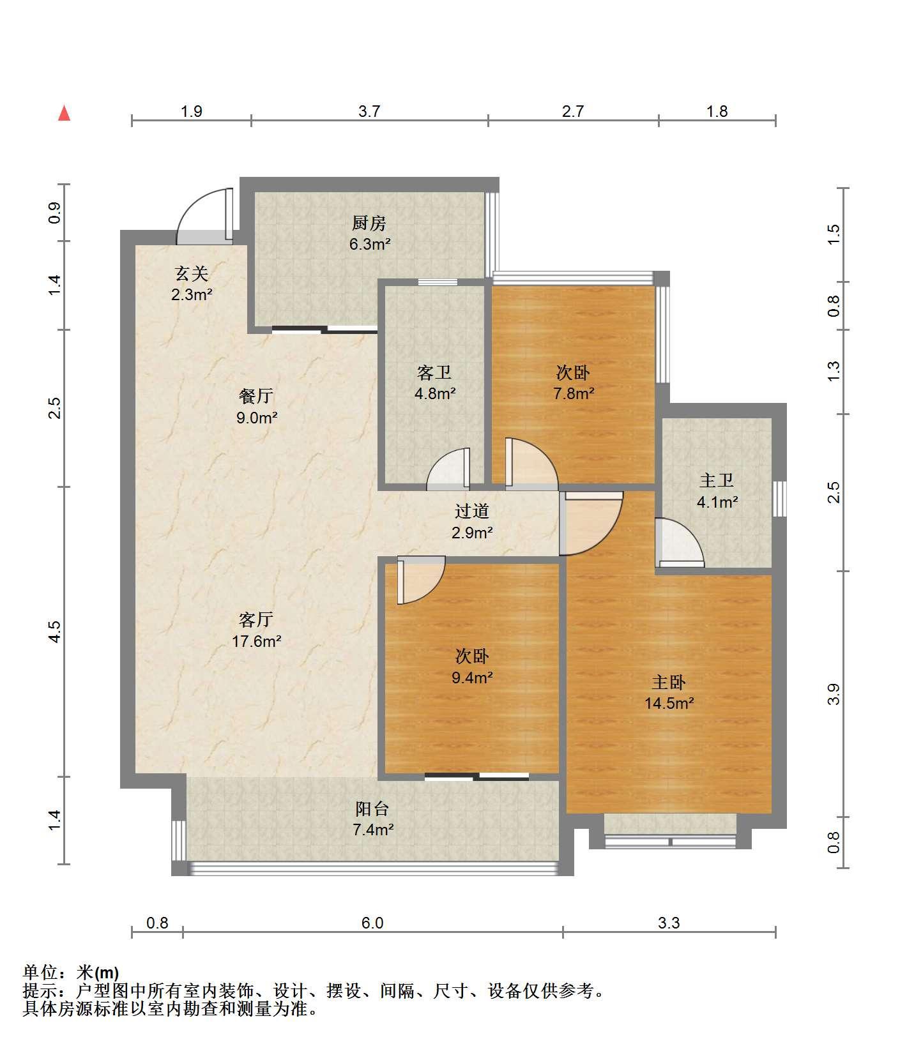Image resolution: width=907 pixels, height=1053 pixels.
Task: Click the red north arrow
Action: tap(64, 113)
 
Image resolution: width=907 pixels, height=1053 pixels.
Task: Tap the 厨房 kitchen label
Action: tap(369, 223)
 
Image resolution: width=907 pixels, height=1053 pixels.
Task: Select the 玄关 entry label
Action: tap(192, 275)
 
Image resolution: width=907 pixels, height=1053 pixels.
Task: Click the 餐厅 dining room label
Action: tap(256, 397)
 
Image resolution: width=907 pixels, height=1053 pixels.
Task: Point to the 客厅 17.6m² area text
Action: tap(256, 641)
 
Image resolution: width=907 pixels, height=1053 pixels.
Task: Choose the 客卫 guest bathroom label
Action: tap(434, 372)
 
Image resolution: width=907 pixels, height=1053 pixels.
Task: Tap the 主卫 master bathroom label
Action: tap(717, 480)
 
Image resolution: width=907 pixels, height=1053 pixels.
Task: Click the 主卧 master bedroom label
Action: tap(669, 682)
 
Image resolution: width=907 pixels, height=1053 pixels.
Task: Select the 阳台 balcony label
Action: tap(372, 809)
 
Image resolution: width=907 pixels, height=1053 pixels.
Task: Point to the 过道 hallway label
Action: tap(472, 511)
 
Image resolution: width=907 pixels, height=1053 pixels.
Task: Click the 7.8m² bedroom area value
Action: tap(574, 393)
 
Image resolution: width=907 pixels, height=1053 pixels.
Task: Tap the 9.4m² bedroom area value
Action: tap(472, 678)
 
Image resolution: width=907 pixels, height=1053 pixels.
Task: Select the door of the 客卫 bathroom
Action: tap(448, 469)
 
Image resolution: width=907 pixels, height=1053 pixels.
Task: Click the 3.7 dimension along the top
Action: tap(369, 112)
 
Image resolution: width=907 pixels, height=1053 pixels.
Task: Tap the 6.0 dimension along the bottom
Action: tap(372, 923)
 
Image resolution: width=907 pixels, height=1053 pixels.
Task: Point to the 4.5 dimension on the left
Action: tap(55, 632)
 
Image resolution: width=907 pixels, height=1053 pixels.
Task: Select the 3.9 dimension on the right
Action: tap(833, 694)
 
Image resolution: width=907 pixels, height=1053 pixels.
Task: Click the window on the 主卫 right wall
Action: tap(779, 499)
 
